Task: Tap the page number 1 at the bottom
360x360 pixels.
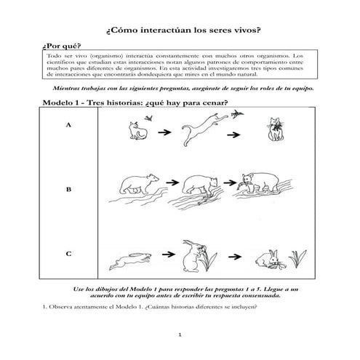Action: (180, 336)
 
